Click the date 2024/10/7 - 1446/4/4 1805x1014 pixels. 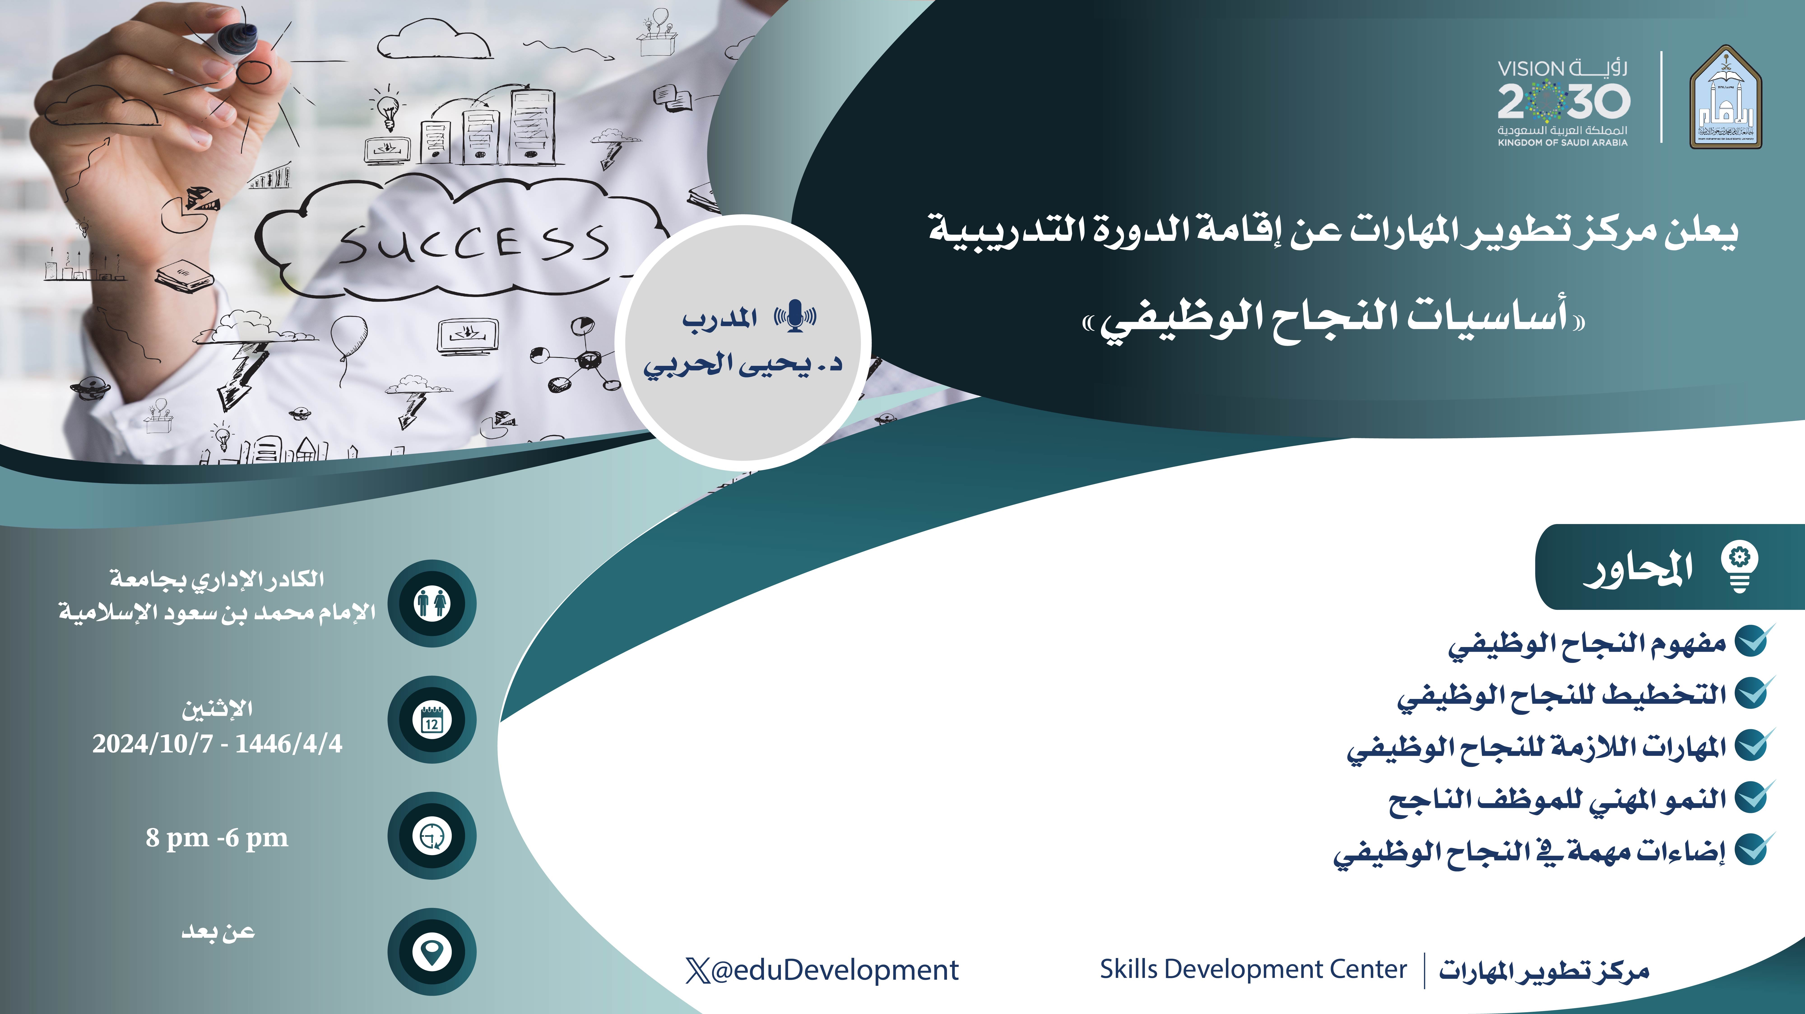[x=217, y=743]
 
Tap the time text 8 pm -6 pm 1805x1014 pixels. [x=217, y=838]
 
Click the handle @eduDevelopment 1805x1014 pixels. [x=822, y=970]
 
